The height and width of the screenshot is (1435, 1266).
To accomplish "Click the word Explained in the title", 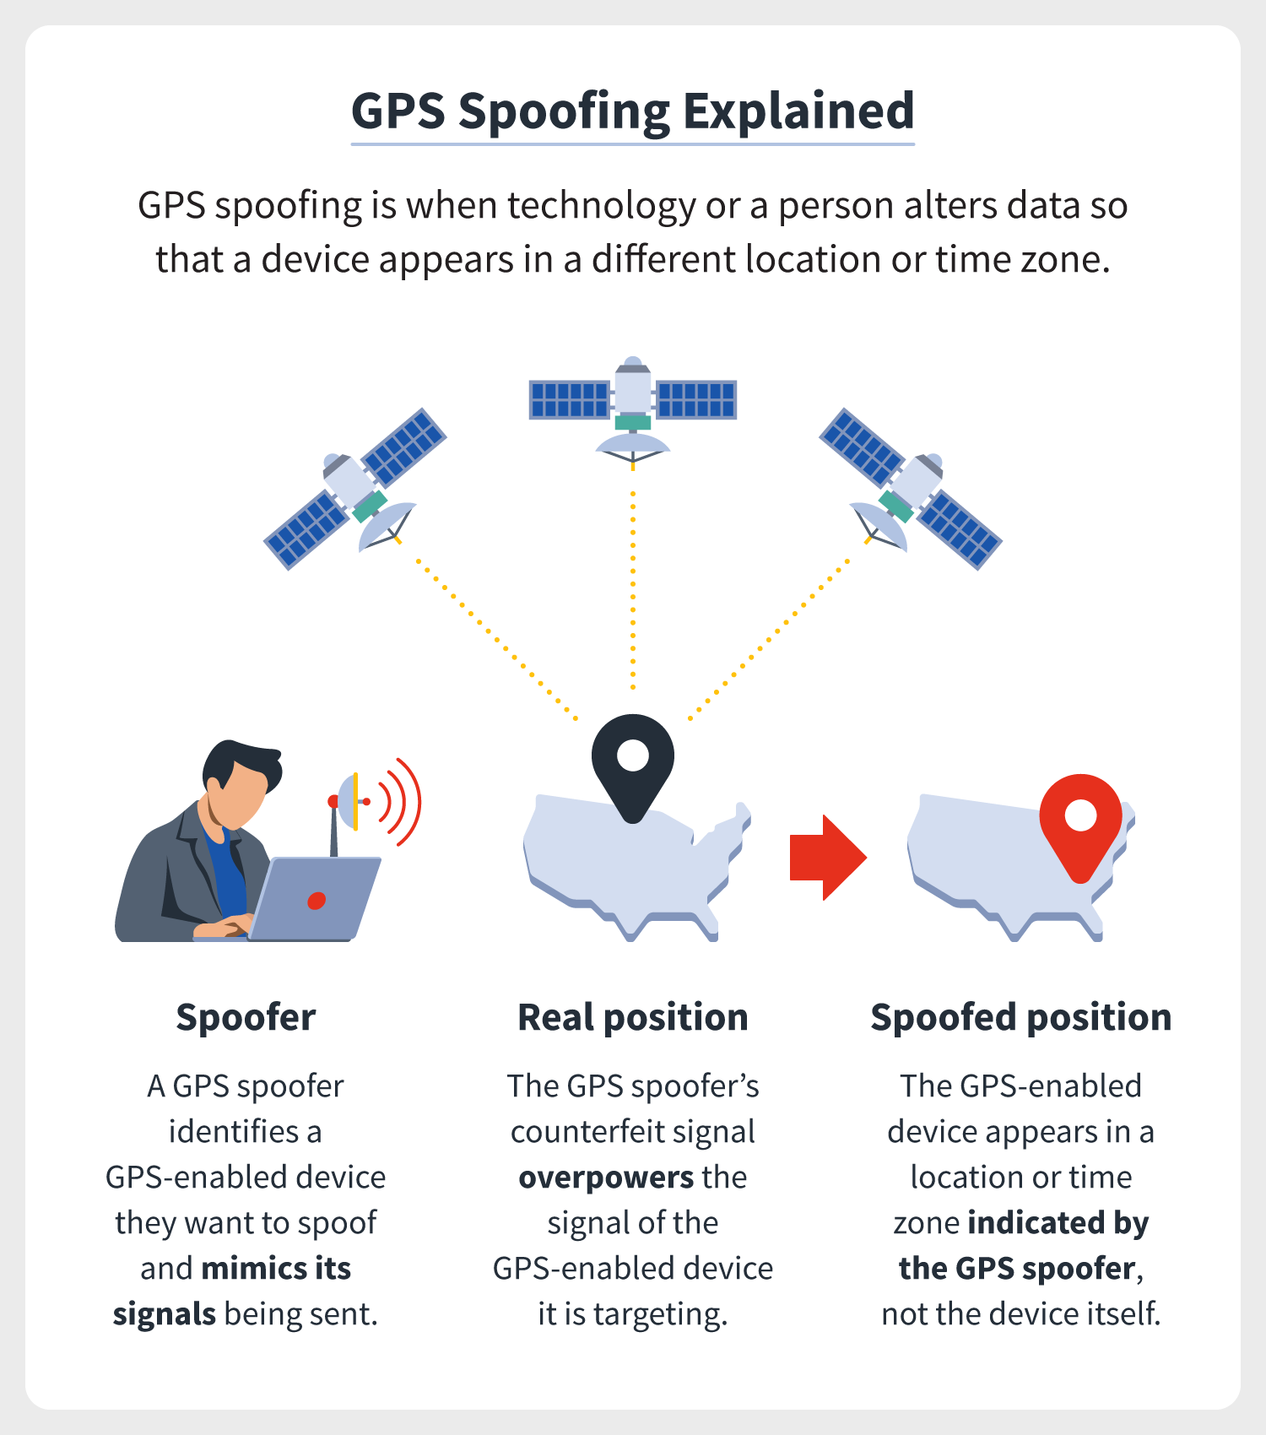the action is [798, 111].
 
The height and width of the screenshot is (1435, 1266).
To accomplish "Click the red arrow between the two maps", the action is [828, 858].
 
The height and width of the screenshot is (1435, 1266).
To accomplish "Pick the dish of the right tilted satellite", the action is [879, 526].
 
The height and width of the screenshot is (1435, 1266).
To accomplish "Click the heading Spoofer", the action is [246, 1017].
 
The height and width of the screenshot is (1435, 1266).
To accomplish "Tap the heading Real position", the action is [633, 1018].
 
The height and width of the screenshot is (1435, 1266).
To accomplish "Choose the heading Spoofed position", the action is [1021, 1018].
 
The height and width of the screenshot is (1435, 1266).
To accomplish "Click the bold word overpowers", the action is [606, 1178].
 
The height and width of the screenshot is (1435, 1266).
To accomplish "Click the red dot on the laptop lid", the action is [316, 901].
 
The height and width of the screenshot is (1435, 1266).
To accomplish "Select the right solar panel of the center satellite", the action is [696, 399].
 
